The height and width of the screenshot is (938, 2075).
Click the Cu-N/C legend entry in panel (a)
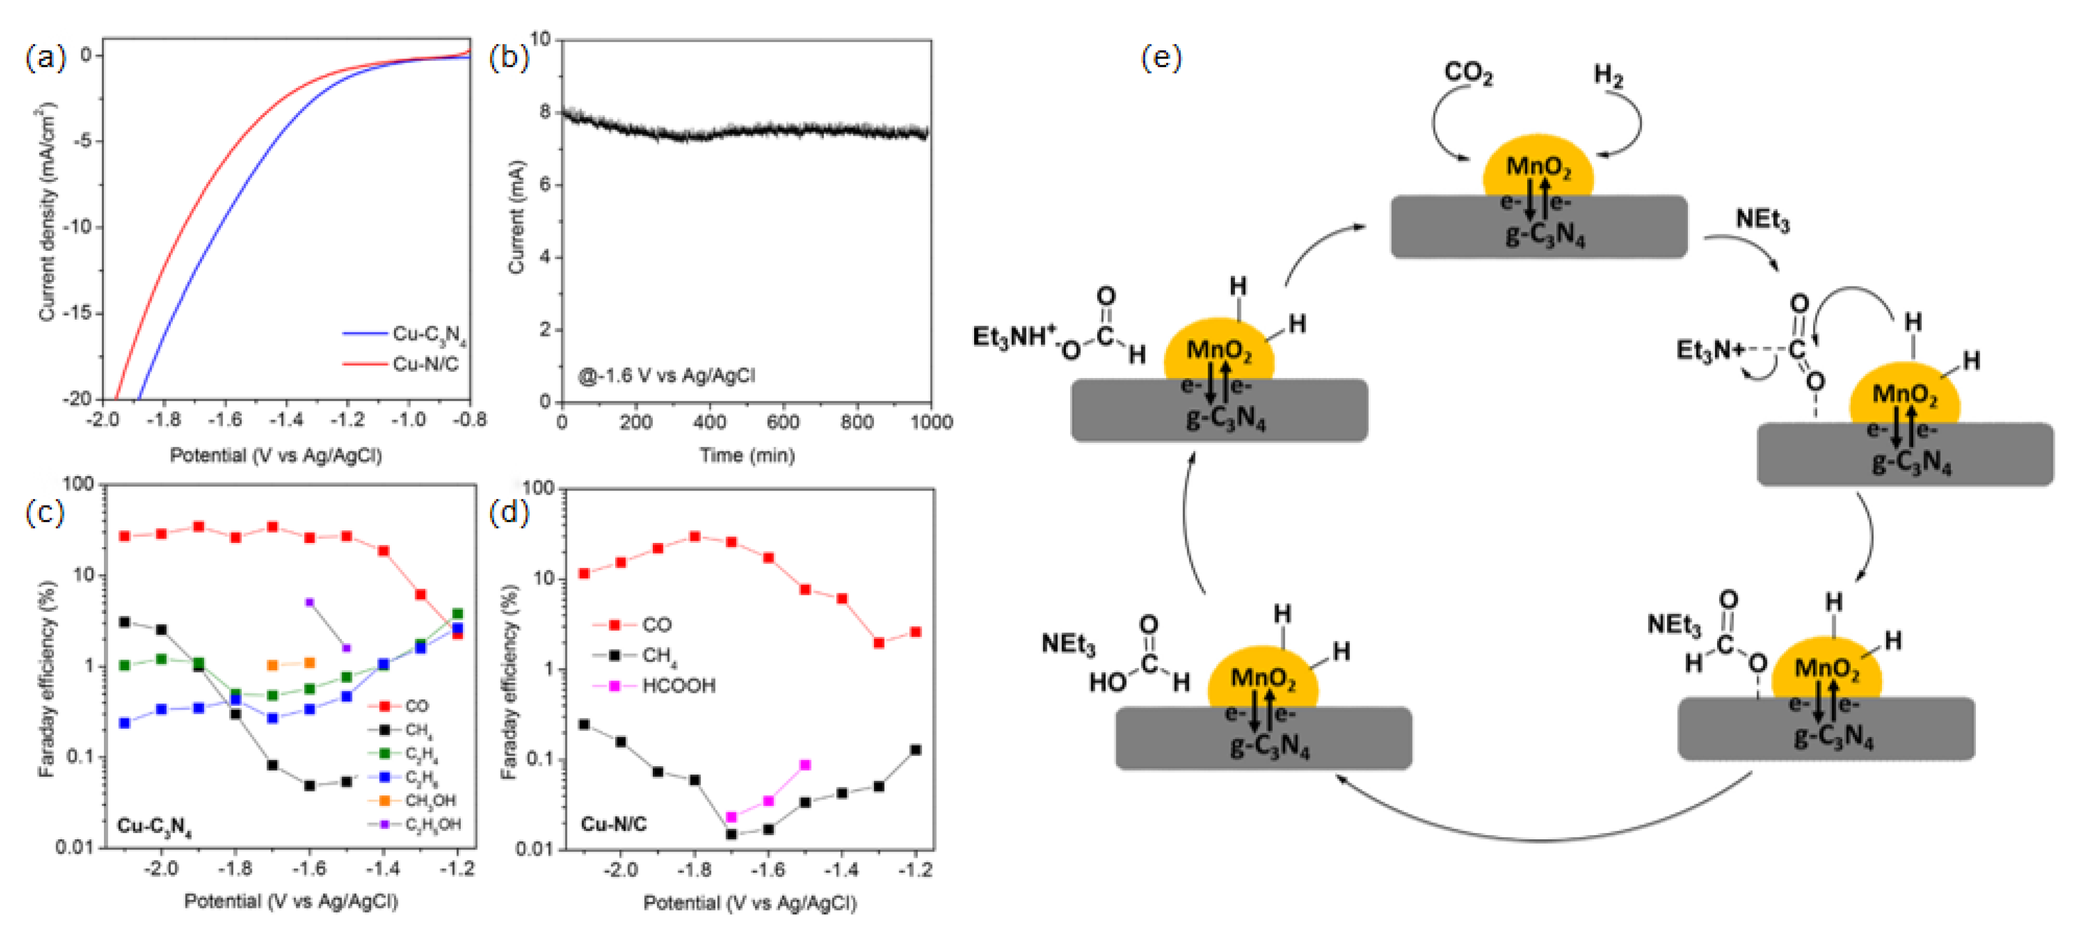pos(425,364)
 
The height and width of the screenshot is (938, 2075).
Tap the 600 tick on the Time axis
pos(783,422)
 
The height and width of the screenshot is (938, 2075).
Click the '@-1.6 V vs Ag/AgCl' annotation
pos(667,375)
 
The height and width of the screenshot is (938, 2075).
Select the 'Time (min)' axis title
pos(747,455)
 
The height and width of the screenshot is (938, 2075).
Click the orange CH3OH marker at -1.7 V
pos(272,665)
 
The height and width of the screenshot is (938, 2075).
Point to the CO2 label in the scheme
pos(1468,73)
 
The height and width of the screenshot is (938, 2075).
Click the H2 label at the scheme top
pos(1608,75)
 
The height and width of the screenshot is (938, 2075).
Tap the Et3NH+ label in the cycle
pos(1013,337)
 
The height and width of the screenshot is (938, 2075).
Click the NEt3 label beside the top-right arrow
pos(1762,219)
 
